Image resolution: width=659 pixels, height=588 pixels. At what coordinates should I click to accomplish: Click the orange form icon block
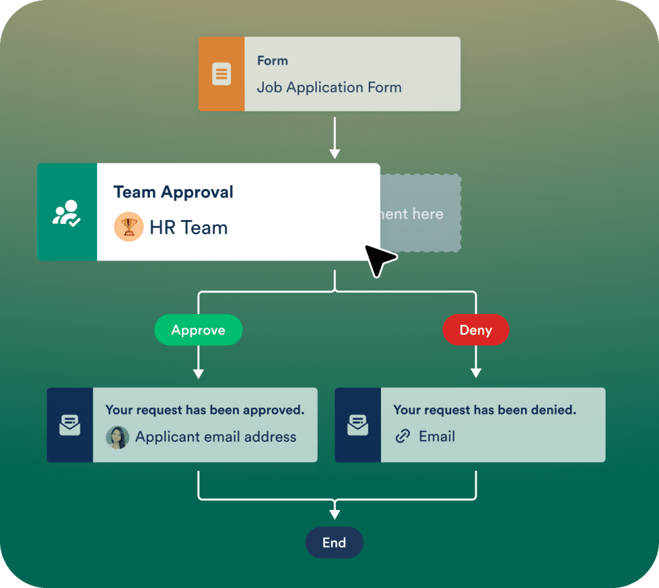coord(221,74)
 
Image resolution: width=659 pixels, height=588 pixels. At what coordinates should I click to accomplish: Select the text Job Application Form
coord(329,87)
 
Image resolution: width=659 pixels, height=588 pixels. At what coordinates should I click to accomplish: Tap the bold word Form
coord(272,61)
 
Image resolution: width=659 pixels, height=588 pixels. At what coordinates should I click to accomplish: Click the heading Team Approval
coord(173,192)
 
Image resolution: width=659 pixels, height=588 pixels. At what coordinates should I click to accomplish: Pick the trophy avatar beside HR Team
coord(129,227)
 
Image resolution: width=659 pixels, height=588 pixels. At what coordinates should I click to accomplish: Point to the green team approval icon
coord(67,212)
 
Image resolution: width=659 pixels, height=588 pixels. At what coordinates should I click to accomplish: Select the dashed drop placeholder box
coord(420,213)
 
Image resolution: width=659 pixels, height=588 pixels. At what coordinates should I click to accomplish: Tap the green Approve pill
coord(198,331)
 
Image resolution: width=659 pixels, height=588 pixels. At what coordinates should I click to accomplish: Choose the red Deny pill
coord(476,331)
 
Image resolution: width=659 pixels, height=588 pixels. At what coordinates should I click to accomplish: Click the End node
coord(334,543)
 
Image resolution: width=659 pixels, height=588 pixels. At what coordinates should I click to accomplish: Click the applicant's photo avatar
coord(117,437)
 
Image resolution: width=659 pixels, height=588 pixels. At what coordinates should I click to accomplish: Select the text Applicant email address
coord(216,437)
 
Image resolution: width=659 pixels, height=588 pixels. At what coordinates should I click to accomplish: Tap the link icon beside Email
coord(403,437)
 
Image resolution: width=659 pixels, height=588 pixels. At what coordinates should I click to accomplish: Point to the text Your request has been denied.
coord(485,410)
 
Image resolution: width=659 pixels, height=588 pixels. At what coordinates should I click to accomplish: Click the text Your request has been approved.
coord(205,410)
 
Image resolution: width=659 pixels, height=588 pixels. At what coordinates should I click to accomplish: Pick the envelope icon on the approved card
coord(70,425)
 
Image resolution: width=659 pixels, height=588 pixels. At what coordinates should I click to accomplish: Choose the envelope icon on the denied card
coord(358,425)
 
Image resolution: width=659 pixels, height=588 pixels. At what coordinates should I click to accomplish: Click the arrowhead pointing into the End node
coord(334,513)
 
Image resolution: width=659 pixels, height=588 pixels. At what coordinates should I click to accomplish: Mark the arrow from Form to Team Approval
coord(334,136)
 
